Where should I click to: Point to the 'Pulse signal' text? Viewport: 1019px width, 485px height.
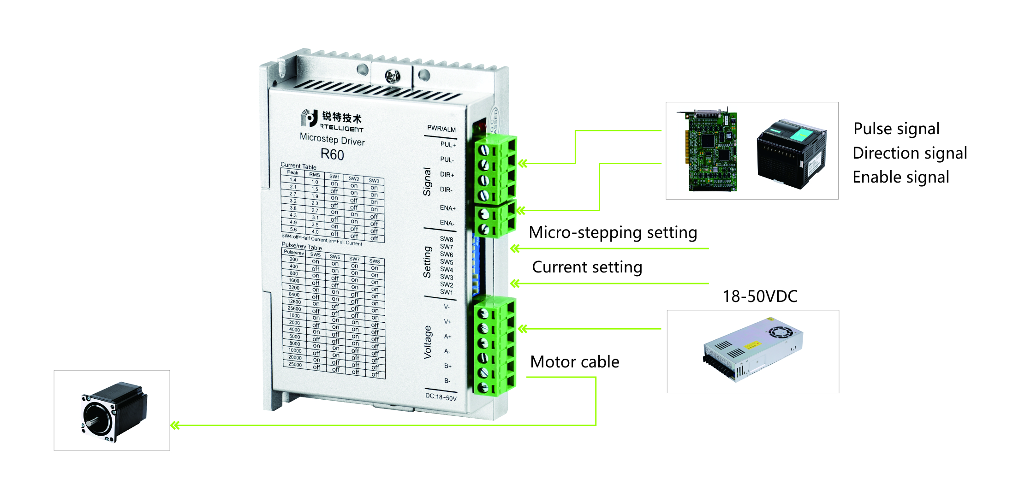[896, 129]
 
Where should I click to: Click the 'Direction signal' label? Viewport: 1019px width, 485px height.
[909, 153]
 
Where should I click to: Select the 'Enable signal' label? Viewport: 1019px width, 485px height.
[900, 177]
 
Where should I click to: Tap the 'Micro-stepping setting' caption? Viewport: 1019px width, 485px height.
[613, 232]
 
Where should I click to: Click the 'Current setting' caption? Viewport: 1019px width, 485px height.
[587, 267]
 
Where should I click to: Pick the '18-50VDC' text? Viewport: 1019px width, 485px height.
[760, 296]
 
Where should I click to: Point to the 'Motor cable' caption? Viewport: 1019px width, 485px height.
[574, 362]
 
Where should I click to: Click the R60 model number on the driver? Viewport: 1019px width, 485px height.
[332, 154]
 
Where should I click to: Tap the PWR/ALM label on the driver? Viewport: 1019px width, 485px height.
[441, 129]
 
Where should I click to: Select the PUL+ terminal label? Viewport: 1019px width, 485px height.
[447, 145]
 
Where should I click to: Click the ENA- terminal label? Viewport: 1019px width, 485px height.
[447, 223]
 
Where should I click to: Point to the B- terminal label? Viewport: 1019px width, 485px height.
[447, 381]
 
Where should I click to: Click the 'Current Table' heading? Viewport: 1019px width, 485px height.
[298, 166]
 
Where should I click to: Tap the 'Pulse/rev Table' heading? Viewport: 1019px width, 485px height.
[302, 247]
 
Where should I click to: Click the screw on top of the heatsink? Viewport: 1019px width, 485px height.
[392, 76]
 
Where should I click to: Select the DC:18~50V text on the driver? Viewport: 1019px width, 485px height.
[441, 397]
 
